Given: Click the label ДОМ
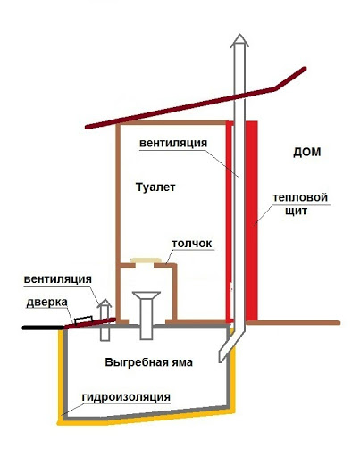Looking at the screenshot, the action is click(x=307, y=152).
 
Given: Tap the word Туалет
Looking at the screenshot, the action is click(x=155, y=187).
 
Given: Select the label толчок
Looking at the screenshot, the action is click(x=192, y=244).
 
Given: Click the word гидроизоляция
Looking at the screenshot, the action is click(x=126, y=397).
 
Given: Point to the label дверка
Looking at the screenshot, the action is click(x=47, y=303).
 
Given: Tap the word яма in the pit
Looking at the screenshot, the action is click(x=181, y=362).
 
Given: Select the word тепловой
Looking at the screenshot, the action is click(x=300, y=197).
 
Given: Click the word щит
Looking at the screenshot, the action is click(x=296, y=211).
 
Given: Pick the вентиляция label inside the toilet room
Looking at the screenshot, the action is click(x=173, y=143).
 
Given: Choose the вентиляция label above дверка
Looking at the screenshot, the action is click(x=58, y=279).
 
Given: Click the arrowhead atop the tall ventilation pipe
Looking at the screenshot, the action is click(x=239, y=41).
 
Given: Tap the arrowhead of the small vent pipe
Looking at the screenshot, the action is click(x=105, y=303).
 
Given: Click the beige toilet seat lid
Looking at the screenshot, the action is click(x=146, y=261).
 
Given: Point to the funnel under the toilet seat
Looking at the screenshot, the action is click(x=147, y=295).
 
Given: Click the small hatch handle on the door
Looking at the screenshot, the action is click(x=83, y=320).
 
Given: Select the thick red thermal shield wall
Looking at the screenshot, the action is click(x=251, y=221).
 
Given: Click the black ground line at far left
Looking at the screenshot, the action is click(x=43, y=328).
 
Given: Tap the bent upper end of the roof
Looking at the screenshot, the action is click(x=290, y=79).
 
